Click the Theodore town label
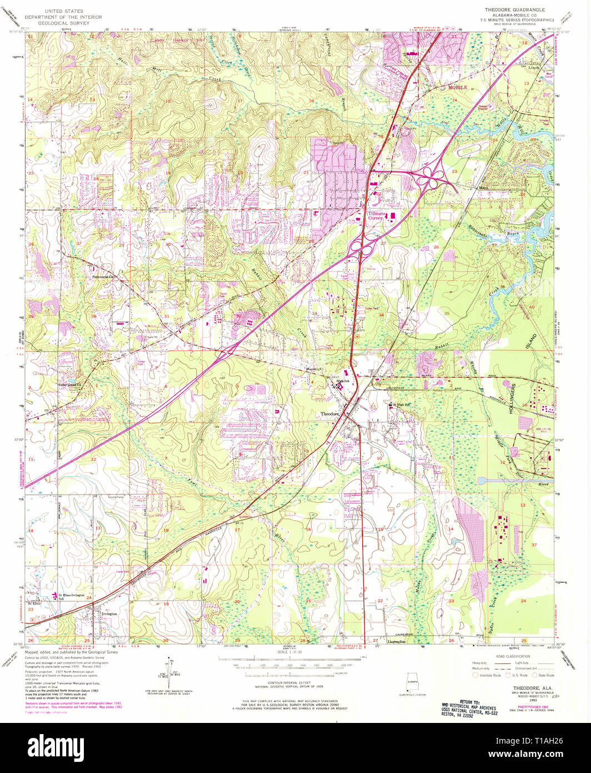click(x=330, y=414)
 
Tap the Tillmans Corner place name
click(x=380, y=215)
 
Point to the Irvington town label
click(x=109, y=614)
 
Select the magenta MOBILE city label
click(x=458, y=88)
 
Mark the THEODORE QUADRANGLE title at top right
click(x=514, y=10)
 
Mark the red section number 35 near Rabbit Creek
click(x=447, y=314)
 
